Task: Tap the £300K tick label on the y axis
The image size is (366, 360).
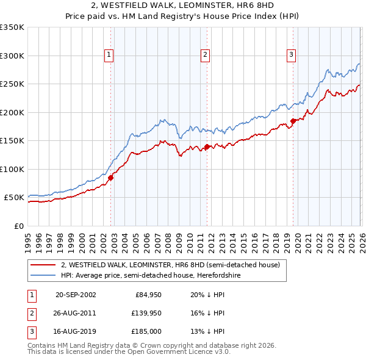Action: [12, 56]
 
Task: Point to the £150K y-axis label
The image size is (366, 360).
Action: [12, 140]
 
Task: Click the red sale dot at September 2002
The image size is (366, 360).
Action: [111, 178]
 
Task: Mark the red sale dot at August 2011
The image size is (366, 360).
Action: [207, 146]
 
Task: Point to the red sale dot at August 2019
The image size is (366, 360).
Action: [293, 121]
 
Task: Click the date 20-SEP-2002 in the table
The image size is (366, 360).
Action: [76, 295]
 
